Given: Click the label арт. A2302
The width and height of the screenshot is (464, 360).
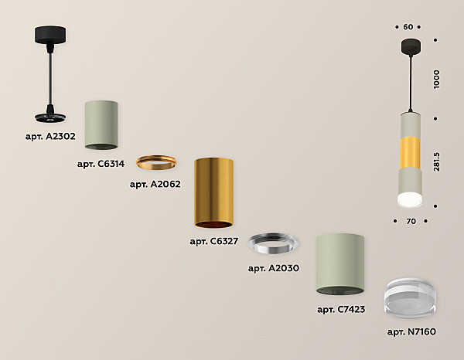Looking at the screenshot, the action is pos(50,137).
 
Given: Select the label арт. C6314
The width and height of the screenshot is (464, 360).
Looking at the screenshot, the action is pos(101,164).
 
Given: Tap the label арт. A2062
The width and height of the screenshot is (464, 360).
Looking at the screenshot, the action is pos(155,184).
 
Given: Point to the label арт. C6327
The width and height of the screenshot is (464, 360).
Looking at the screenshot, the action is pos(214,241).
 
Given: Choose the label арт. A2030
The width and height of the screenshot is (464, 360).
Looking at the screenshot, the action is pos(274,268).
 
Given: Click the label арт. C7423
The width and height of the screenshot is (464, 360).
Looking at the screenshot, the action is pos(341,310).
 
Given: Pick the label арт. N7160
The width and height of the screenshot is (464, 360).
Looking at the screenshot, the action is pos(411,332).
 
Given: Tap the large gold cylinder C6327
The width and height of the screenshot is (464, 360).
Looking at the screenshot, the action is pos(213,193).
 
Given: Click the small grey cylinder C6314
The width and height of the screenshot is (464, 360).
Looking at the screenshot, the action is pos(101,125).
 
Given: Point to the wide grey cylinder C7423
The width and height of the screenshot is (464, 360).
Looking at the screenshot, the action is pos(340,264).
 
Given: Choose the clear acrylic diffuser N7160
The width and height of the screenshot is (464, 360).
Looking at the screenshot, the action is pos(410,298).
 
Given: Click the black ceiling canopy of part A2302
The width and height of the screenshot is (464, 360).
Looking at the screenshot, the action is pos(50,35).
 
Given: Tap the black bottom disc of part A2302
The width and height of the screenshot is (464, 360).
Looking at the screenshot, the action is pos(50,117).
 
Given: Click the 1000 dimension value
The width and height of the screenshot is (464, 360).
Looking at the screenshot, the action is pos(436,80).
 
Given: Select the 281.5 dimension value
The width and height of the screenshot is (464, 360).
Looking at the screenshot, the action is pos(436,161).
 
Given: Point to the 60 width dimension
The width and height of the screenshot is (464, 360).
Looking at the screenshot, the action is pos(408,27).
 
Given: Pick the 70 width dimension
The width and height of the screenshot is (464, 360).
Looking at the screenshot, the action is pos(411,221).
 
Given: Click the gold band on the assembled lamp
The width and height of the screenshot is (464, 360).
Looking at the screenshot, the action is pos(410,153).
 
